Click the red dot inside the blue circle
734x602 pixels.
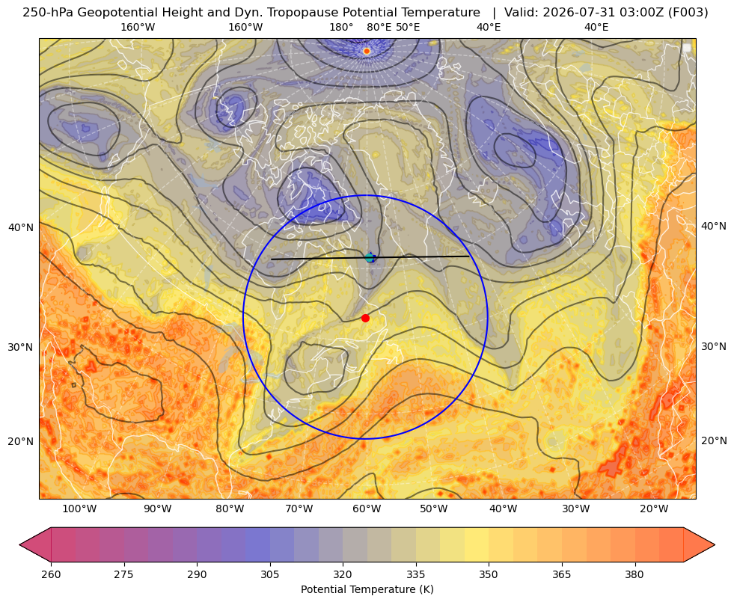[366, 318]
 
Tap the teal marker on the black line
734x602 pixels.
[370, 257]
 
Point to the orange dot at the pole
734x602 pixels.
[367, 51]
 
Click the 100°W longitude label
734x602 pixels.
[79, 509]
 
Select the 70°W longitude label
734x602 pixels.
[299, 509]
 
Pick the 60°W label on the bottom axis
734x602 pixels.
[367, 509]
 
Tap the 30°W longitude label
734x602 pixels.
[576, 509]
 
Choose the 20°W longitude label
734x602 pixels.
[654, 509]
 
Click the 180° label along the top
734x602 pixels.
[342, 27]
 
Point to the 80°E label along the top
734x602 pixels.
[379, 27]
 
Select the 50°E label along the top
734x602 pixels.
[408, 27]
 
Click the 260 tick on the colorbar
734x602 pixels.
[51, 574]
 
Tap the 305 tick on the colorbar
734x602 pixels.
[270, 574]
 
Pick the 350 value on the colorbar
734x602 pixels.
[489, 574]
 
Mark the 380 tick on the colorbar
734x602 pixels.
[634, 574]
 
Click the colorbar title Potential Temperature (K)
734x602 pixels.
[367, 589]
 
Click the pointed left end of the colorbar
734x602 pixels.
[20, 544]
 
